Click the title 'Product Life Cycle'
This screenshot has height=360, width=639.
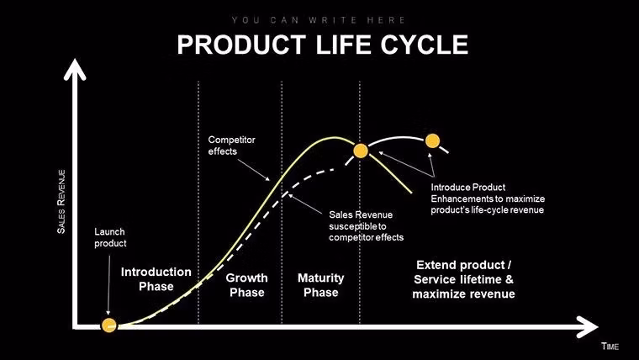click(322, 45)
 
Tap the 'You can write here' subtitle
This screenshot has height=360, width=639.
click(319, 19)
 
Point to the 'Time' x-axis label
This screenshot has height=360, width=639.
click(610, 347)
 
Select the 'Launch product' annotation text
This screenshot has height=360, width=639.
click(109, 237)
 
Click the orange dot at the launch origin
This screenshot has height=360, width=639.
click(108, 326)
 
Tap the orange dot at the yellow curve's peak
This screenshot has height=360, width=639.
click(361, 151)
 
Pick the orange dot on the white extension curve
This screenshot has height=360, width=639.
click(433, 140)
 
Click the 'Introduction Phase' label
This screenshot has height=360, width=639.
click(156, 279)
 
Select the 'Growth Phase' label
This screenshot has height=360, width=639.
click(247, 285)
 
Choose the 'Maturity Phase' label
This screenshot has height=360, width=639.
click(320, 285)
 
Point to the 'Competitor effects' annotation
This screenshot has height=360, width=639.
click(231, 145)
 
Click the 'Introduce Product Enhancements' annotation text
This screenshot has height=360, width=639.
click(487, 198)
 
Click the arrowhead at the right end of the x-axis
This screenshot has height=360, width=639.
click(591, 326)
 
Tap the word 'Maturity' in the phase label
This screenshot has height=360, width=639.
click(320, 278)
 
